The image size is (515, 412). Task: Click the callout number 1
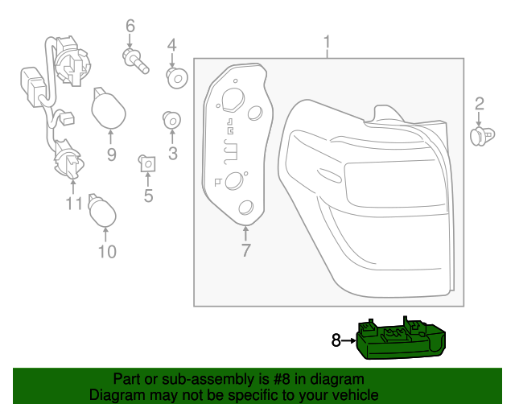[327, 40]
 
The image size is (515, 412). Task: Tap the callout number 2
[479, 102]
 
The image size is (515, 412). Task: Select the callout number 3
[172, 153]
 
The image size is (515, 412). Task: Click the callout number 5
[148, 195]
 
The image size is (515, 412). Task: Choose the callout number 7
[246, 249]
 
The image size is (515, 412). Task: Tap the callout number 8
[337, 340]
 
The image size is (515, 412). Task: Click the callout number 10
[107, 252]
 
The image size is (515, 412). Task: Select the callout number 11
[74, 204]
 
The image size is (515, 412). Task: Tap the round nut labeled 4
[175, 77]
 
